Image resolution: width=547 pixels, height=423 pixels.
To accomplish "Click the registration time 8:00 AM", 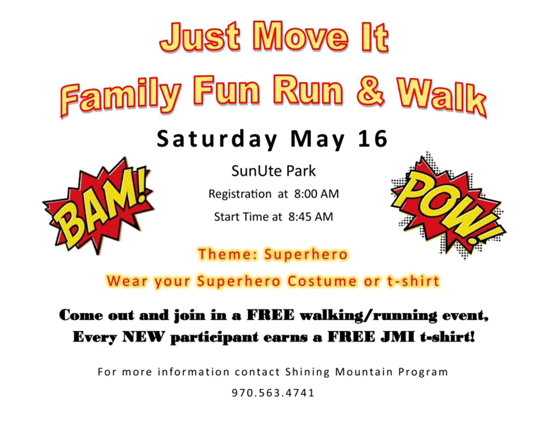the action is tap(316, 194).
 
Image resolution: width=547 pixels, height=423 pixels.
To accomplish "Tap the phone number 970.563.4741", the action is tap(273, 393).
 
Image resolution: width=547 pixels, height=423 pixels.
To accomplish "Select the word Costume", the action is tap(322, 281).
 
